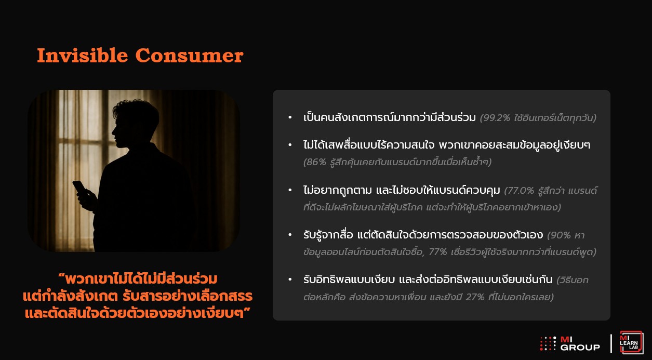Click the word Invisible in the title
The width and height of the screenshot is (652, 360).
pyautogui.click(x=83, y=55)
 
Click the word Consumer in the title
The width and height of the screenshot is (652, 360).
pyautogui.click(x=190, y=56)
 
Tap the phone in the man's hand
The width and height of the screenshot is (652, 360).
pyautogui.click(x=79, y=187)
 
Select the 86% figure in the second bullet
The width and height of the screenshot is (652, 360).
pyautogui.click(x=316, y=162)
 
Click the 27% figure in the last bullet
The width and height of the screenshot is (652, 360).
pyautogui.click(x=475, y=297)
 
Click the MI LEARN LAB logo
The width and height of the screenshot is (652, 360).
pyautogui.click(x=631, y=342)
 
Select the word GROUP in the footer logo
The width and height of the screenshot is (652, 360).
pyautogui.click(x=580, y=348)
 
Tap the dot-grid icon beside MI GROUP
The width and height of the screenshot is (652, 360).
pyautogui.click(x=548, y=343)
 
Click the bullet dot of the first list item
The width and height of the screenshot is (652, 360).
pyautogui.click(x=290, y=117)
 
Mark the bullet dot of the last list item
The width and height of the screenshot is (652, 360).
pyautogui.click(x=290, y=279)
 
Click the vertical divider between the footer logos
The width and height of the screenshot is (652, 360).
pyautogui.click(x=610, y=343)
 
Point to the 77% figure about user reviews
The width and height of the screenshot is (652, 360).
pyautogui.click(x=437, y=252)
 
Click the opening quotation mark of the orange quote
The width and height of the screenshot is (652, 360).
pyautogui.click(x=61, y=275)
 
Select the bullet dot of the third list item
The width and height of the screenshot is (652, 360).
pyautogui.click(x=290, y=190)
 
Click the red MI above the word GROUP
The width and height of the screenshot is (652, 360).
pyautogui.click(x=566, y=340)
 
